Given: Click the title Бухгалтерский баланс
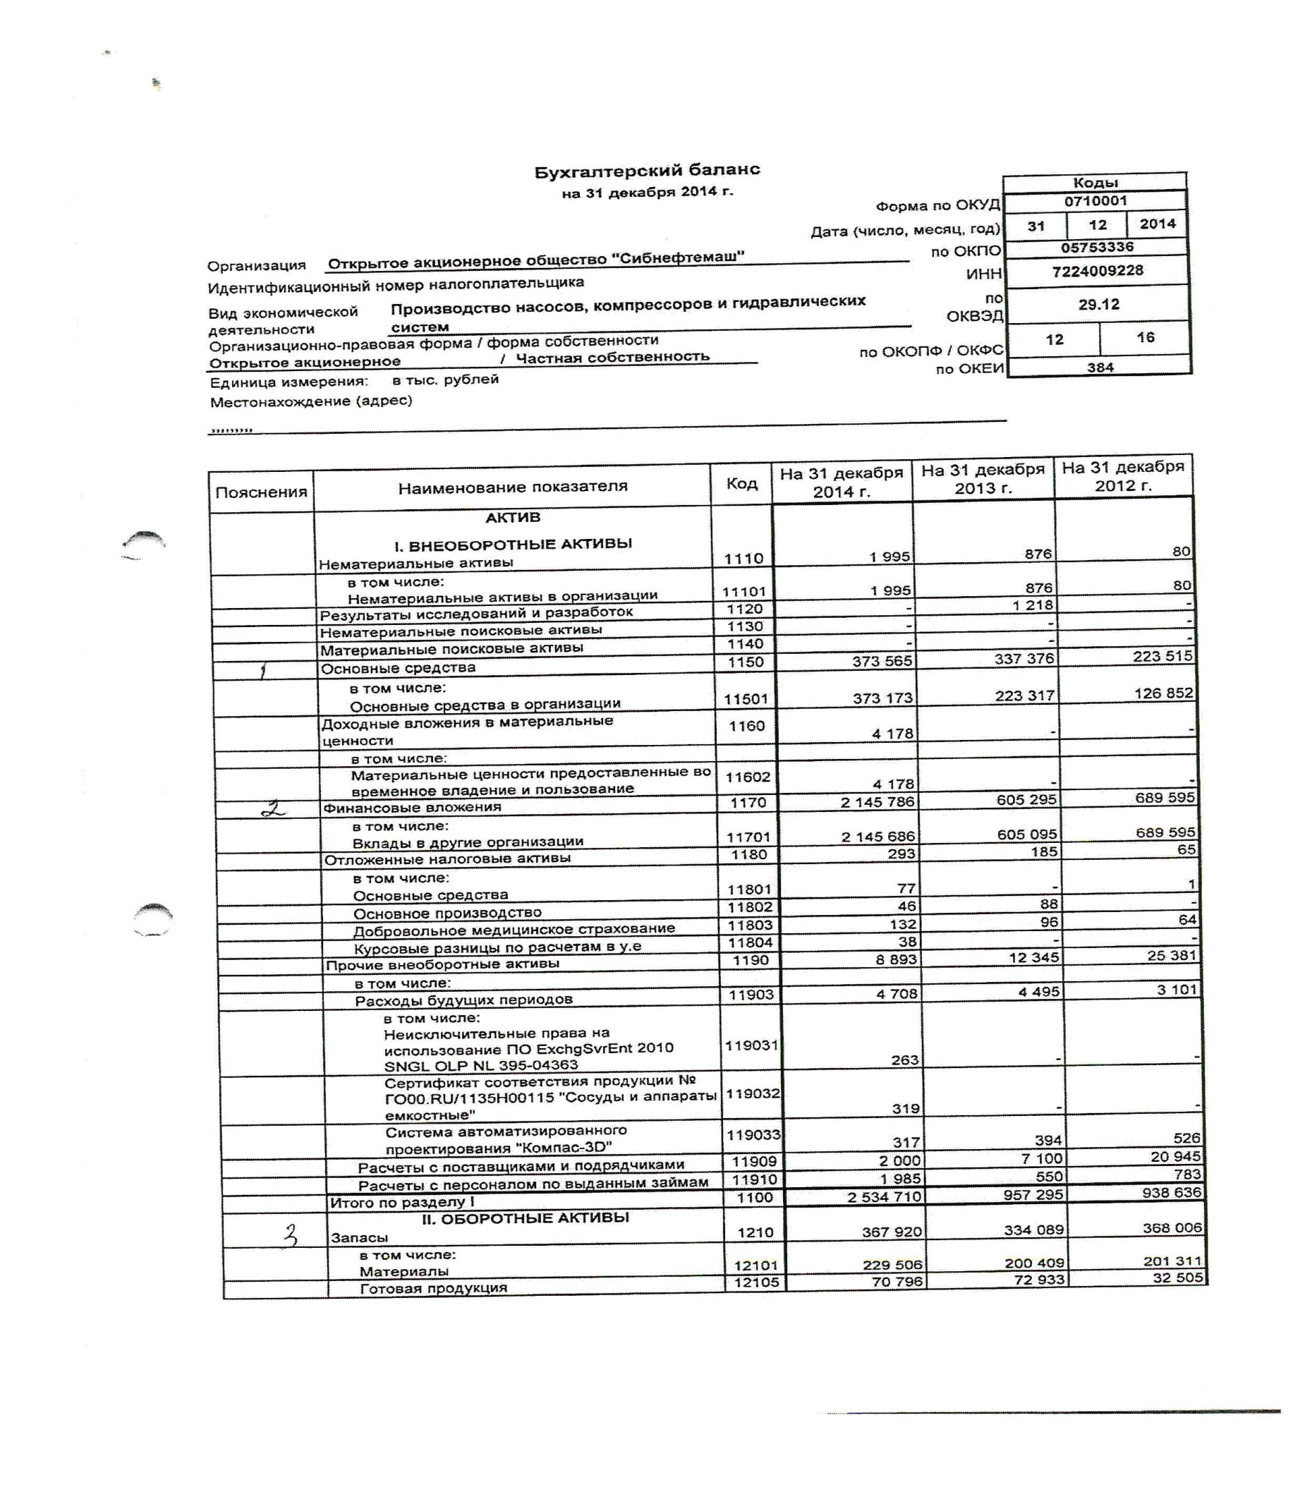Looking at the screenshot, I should click(647, 171).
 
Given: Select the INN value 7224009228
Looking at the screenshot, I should click(1096, 272).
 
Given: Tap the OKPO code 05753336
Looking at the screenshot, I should click(1096, 248).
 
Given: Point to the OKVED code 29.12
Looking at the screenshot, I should click(1098, 304).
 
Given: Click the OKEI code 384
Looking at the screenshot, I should click(1099, 368).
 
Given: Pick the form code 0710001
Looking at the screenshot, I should click(1095, 201).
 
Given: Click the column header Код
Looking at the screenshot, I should click(741, 484).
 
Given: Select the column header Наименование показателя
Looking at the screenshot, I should click(512, 487).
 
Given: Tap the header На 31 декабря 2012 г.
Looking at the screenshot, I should click(1122, 475).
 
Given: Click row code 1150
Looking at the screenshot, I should click(745, 662).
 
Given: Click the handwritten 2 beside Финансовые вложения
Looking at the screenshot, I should click(274, 808).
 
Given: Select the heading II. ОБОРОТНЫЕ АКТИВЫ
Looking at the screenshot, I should click(526, 1218).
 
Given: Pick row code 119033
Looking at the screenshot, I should click(753, 1134).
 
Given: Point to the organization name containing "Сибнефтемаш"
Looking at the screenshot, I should click(535, 260).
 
